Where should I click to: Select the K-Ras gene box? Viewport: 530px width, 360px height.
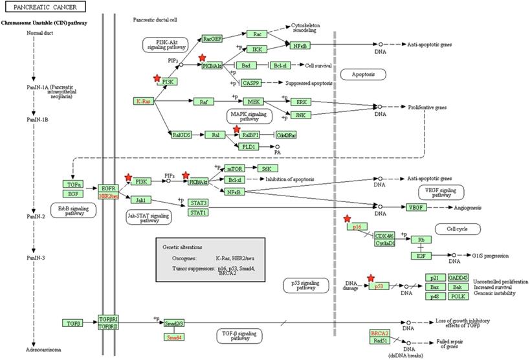coord(144,102)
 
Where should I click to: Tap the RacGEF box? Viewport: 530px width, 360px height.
coord(212,39)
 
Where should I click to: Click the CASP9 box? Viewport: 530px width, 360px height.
coord(250,83)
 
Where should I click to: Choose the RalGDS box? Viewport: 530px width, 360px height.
coord(181,135)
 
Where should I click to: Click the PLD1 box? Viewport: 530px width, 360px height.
coord(248,147)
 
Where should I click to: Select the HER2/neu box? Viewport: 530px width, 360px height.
coord(107,196)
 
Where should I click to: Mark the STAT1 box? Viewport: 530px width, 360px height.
coord(198,212)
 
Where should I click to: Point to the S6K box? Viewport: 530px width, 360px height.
coord(266,168)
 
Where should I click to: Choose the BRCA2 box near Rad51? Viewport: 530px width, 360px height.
coord(379,333)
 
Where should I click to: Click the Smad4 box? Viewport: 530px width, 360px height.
coord(173,337)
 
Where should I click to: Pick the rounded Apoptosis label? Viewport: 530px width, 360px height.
coord(362,74)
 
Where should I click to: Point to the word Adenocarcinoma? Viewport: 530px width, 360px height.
coord(44,350)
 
